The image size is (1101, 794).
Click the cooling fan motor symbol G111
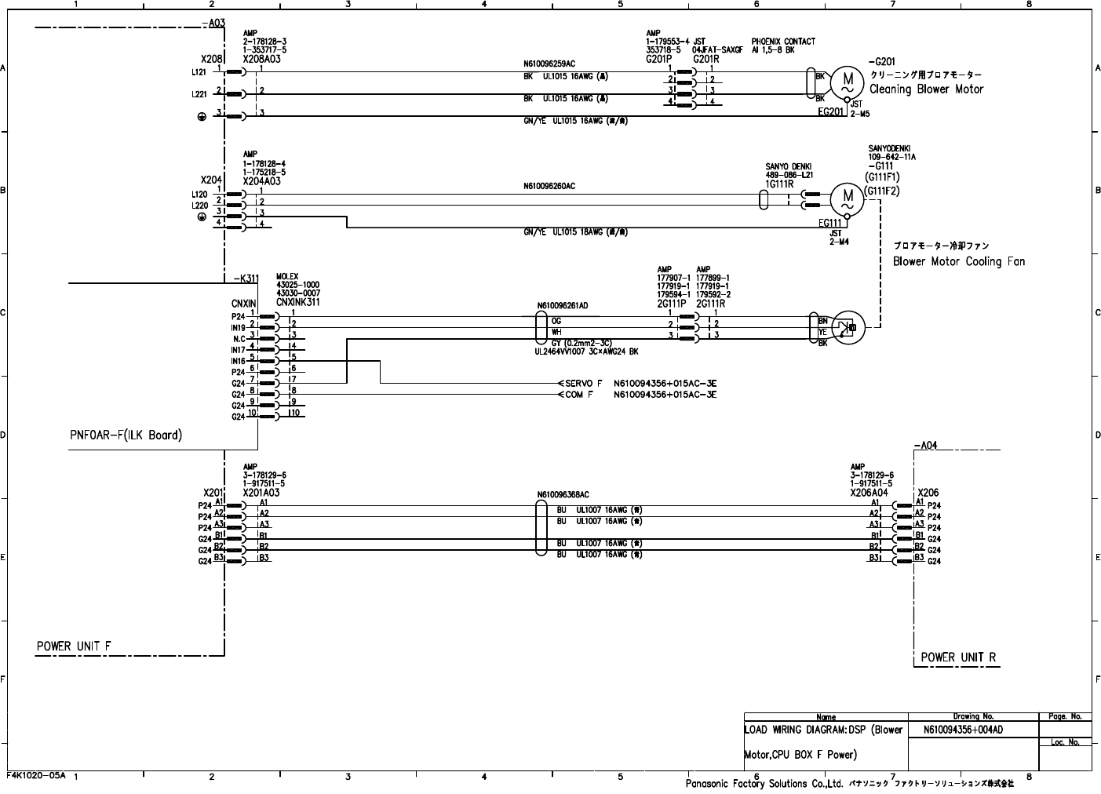[847, 197]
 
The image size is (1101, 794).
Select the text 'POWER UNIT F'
[74, 646]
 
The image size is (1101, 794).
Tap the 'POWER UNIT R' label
[958, 657]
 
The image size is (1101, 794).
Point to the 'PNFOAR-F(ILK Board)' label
[126, 435]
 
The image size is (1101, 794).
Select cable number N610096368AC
[563, 495]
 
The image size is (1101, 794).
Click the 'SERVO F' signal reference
[584, 383]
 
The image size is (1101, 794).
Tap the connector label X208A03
[262, 59]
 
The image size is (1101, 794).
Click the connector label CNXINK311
[297, 302]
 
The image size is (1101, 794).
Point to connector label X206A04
[869, 494]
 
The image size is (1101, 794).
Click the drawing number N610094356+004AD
[963, 730]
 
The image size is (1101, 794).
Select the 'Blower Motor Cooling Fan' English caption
[958, 261]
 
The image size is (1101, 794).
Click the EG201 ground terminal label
[831, 112]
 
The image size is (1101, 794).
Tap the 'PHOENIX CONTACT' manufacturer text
[782, 42]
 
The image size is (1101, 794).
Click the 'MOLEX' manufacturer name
[287, 277]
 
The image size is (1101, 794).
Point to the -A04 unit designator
[925, 446]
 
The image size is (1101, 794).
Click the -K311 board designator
[246, 278]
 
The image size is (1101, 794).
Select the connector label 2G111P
[673, 303]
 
